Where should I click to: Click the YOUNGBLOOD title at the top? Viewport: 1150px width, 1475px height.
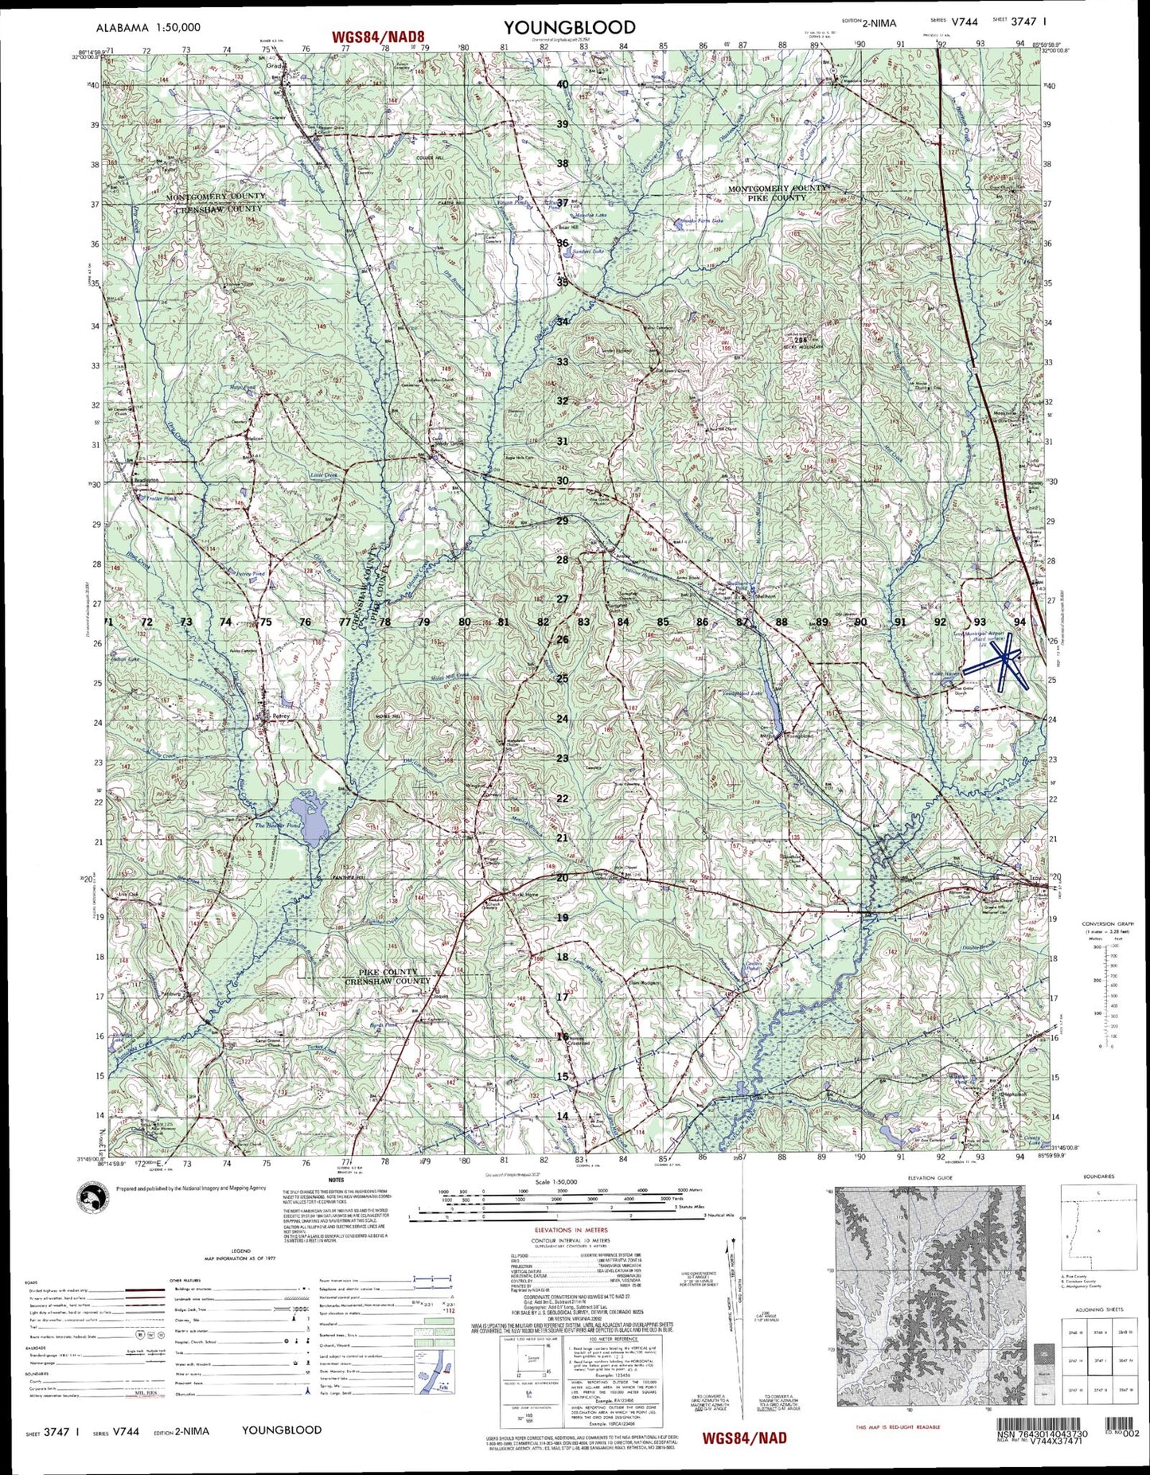(569, 28)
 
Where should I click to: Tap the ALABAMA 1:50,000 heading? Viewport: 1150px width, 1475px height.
(148, 27)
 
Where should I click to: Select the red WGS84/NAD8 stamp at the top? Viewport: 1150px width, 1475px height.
(380, 36)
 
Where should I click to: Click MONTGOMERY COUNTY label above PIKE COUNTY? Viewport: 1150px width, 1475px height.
(778, 189)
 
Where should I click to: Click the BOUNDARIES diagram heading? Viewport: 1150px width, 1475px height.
(1098, 1176)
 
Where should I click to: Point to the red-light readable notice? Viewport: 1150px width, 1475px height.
(897, 1427)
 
